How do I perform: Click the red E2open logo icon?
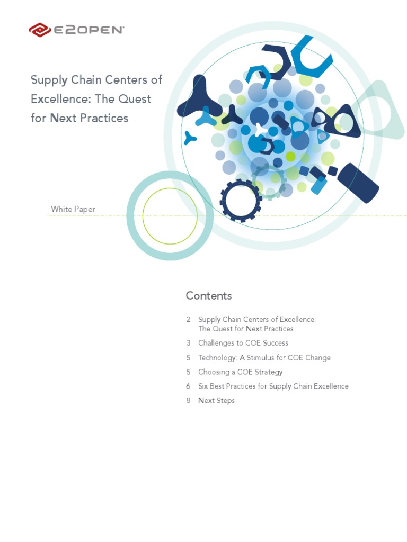coord(40,30)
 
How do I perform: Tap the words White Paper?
coord(73,209)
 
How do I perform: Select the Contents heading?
coord(209,295)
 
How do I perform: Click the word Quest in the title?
coord(135,98)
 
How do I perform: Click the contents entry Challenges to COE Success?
coord(243,343)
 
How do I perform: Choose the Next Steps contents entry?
coord(216,400)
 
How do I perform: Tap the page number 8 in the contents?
coord(188,400)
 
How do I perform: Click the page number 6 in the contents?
coord(188,386)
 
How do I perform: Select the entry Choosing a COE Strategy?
coord(241,372)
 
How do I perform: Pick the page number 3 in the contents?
coord(188,343)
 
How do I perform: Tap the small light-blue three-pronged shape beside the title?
coord(189,138)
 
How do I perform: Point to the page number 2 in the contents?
coord(188,319)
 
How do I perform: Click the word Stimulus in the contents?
coord(263,357)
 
